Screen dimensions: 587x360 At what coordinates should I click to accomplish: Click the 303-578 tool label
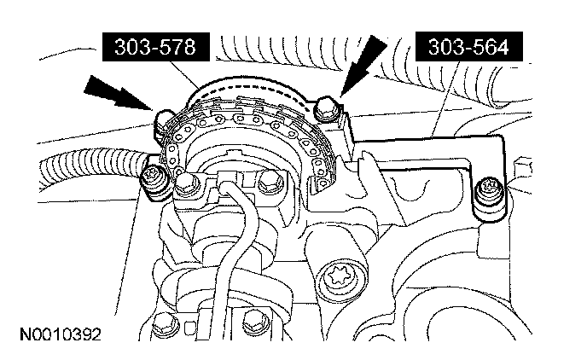(156, 47)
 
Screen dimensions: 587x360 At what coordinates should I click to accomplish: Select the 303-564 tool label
(468, 47)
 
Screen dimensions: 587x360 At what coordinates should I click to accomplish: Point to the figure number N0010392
(61, 334)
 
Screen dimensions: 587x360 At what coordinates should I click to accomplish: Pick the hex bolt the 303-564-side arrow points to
(327, 108)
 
